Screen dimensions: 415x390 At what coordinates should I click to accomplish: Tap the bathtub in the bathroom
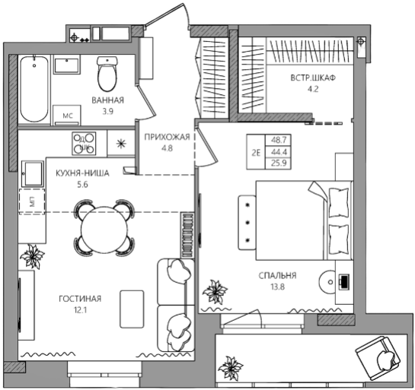coord(34,89)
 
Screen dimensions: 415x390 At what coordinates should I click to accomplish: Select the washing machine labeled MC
coord(67,116)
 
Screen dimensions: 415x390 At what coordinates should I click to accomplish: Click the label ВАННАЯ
coord(107,100)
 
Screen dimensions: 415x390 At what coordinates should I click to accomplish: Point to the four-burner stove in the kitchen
coord(84,144)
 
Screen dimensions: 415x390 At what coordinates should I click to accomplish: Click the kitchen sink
coord(33,174)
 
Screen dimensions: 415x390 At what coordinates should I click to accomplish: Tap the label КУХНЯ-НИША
coord(82,173)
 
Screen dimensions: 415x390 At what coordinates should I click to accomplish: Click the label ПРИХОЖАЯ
coord(168,137)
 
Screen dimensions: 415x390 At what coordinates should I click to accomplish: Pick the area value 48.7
coord(279,140)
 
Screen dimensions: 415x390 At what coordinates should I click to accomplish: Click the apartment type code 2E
coord(256,153)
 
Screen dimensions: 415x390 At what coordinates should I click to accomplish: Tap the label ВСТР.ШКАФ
coord(313,78)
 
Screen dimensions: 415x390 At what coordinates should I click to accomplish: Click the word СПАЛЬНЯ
coord(277,276)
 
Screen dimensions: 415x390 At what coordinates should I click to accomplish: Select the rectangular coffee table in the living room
coord(132,309)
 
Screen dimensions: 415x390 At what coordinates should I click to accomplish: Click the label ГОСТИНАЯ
coord(80,299)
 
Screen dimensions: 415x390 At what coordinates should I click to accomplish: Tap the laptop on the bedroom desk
coord(344,281)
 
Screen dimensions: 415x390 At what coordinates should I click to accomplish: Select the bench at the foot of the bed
coord(247,223)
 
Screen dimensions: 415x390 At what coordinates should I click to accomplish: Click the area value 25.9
coord(279,163)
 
